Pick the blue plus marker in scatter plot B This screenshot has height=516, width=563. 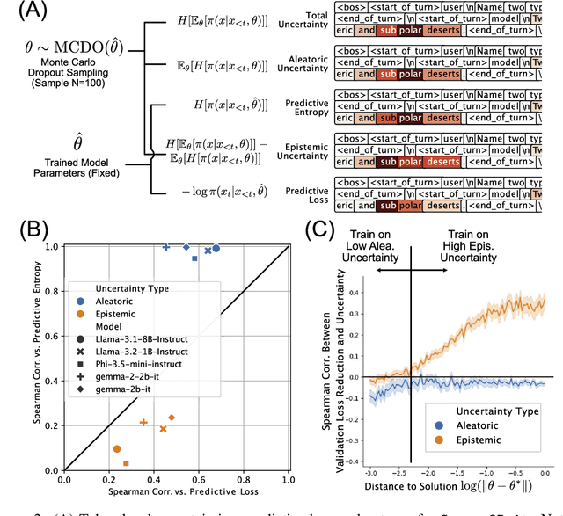[166, 248]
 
